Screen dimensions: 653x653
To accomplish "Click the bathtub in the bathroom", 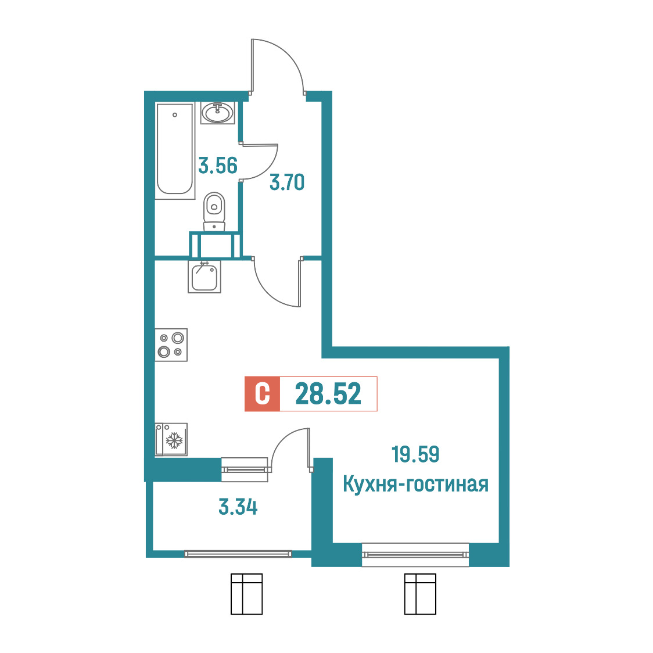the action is point(175,150).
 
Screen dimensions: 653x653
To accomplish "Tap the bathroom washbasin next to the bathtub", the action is point(218,113).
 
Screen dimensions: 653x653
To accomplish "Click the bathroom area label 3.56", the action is point(218,166).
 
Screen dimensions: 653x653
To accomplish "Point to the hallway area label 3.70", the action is point(287,182).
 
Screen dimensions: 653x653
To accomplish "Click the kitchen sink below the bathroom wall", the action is point(204,277).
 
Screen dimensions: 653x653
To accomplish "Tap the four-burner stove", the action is point(171,345).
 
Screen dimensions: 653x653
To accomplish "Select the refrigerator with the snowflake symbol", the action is point(171,440).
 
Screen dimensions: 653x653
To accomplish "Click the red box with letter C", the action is point(263,394).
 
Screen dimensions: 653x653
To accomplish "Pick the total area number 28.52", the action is point(328,394).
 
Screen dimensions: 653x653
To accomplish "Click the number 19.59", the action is point(415,454).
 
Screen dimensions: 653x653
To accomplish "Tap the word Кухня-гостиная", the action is point(415,485).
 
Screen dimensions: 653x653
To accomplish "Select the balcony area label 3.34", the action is point(238,507).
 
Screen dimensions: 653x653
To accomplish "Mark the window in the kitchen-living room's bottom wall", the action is point(415,555).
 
